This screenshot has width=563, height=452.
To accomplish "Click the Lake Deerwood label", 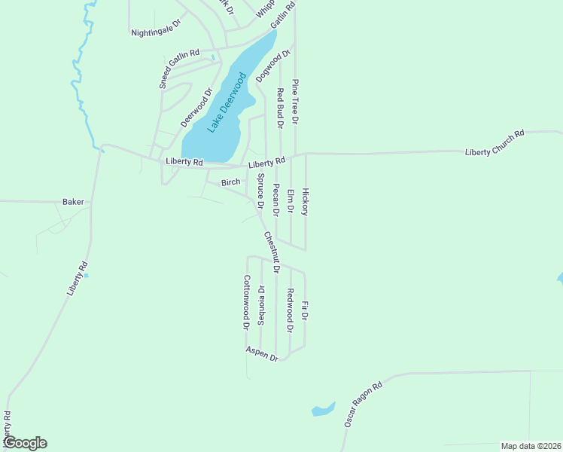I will click(227, 103).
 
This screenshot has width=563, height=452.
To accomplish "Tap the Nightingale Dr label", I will click(157, 28).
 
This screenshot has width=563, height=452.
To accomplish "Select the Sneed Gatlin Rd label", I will click(179, 69).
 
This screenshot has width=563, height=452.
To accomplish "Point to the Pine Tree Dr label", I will click(295, 101).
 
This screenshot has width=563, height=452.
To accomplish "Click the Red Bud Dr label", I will click(279, 108).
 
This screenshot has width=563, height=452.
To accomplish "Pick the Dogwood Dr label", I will click(272, 66).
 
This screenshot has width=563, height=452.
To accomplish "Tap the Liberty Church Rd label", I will click(495, 142).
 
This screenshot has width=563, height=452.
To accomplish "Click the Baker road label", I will click(73, 202).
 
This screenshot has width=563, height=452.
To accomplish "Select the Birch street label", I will click(230, 182).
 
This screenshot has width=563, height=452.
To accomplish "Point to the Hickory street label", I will click(305, 201).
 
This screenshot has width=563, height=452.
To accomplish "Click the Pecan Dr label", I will click(275, 200).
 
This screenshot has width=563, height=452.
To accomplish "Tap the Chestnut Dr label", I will click(272, 252).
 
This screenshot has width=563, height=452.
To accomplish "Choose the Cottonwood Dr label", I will click(245, 302).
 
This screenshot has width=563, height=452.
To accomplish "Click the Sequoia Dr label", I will click(261, 304).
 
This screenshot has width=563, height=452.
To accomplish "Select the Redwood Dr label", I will click(290, 310).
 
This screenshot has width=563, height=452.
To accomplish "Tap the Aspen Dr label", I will click(262, 353).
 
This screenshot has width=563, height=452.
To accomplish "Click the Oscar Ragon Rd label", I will click(364, 405).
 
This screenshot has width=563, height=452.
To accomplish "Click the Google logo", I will click(24, 443).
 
